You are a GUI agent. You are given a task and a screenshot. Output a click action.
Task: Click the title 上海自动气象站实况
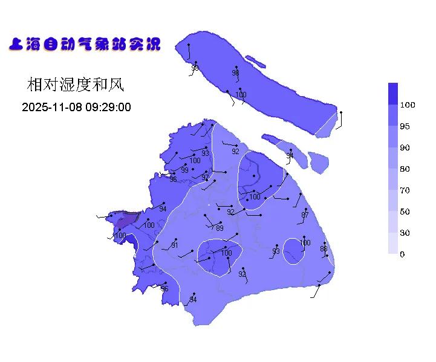coord(85,44)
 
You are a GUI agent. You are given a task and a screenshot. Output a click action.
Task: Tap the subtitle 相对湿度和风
coord(76,85)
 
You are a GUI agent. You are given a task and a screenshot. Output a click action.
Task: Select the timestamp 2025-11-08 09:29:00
coord(76,108)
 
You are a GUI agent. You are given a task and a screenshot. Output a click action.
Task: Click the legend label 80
coord(405,169)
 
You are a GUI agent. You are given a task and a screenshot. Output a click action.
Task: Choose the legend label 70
coord(405,190)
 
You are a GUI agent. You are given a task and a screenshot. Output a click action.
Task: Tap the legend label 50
coord(405,212)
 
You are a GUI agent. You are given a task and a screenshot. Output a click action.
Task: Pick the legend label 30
coord(405,233)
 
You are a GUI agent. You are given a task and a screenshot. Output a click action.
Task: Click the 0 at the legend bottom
coord(403,254)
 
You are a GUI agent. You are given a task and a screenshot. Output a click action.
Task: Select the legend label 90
coord(405,147)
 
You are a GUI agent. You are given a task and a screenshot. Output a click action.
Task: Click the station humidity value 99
coord(184,170)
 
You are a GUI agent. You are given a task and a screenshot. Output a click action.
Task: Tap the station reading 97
coord(205,177)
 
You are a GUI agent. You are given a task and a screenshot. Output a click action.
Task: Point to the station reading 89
coord(220,228)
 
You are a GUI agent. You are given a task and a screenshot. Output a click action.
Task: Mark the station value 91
coord(174,245)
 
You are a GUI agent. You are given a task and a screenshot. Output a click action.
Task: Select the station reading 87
coord(305,215)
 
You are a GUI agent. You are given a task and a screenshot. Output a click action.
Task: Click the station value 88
coord(324,248)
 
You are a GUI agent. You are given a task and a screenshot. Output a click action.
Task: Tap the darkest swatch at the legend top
coord(393,93)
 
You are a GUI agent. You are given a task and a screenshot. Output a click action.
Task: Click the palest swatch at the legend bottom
coord(393,244)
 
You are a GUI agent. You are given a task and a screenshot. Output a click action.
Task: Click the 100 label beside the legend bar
coord(408,105)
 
